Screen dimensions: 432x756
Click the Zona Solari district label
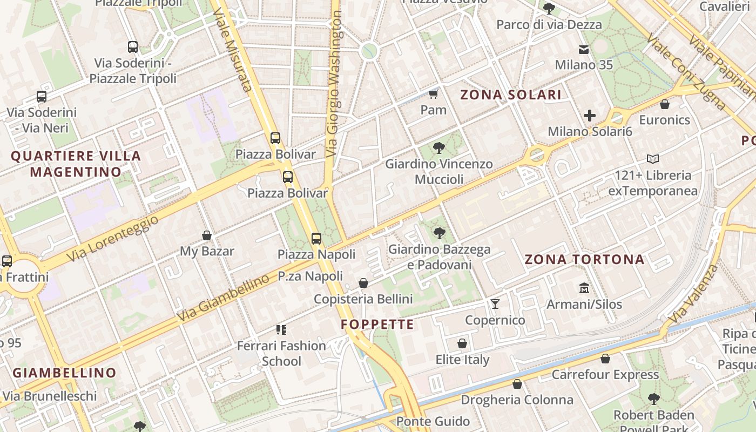click(x=510, y=95)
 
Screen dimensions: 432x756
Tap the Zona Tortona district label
click(x=584, y=259)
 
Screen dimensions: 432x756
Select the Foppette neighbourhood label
click(x=377, y=325)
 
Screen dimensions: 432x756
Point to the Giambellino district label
click(x=64, y=373)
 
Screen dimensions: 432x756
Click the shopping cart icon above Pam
click(x=433, y=95)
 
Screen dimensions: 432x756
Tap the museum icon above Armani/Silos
click(x=584, y=288)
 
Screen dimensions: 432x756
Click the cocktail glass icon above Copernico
click(x=495, y=304)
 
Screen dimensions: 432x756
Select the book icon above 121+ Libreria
click(x=652, y=159)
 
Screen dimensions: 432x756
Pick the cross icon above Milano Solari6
click(x=589, y=116)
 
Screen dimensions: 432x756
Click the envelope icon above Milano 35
click(x=584, y=50)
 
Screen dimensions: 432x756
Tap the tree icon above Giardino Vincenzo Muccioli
click(x=439, y=147)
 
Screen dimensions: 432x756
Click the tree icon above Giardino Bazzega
click(x=439, y=233)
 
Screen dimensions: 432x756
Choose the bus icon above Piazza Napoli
click(x=316, y=238)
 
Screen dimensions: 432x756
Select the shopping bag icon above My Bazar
click(x=206, y=235)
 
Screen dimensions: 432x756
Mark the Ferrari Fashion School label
click(x=281, y=353)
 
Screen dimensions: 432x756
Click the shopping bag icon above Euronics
click(x=664, y=104)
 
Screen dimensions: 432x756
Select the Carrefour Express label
click(x=605, y=374)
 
